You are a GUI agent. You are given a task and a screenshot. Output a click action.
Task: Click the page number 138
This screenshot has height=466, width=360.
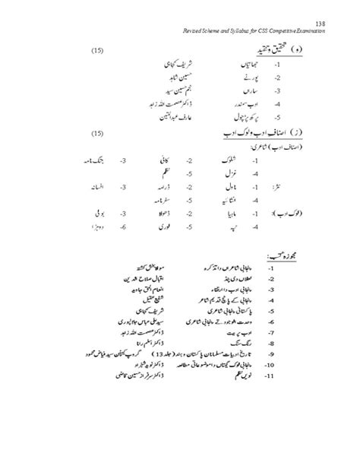coord(321,24)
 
